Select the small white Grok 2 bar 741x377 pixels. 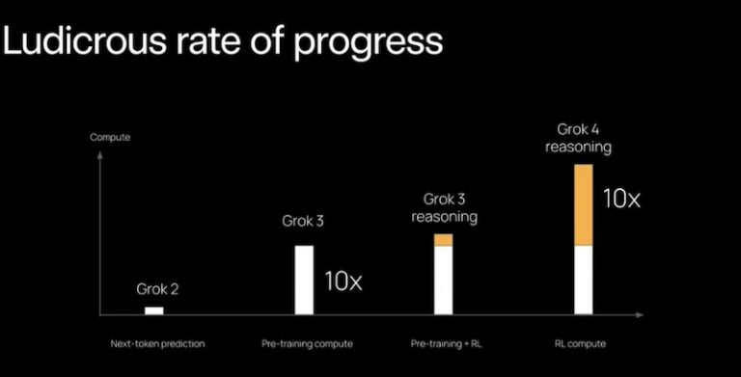153,310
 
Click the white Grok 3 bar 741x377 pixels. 304,280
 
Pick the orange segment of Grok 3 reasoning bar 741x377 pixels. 443,240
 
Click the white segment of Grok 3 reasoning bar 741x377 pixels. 443,280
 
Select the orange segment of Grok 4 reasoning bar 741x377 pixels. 582,205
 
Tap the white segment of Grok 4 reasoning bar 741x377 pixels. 582,280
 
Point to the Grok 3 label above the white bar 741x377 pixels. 304,221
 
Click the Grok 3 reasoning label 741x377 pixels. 444,208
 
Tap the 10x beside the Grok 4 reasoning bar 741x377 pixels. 621,200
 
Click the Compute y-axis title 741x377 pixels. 110,137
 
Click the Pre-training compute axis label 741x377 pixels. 307,343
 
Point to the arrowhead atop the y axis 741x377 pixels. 101,150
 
